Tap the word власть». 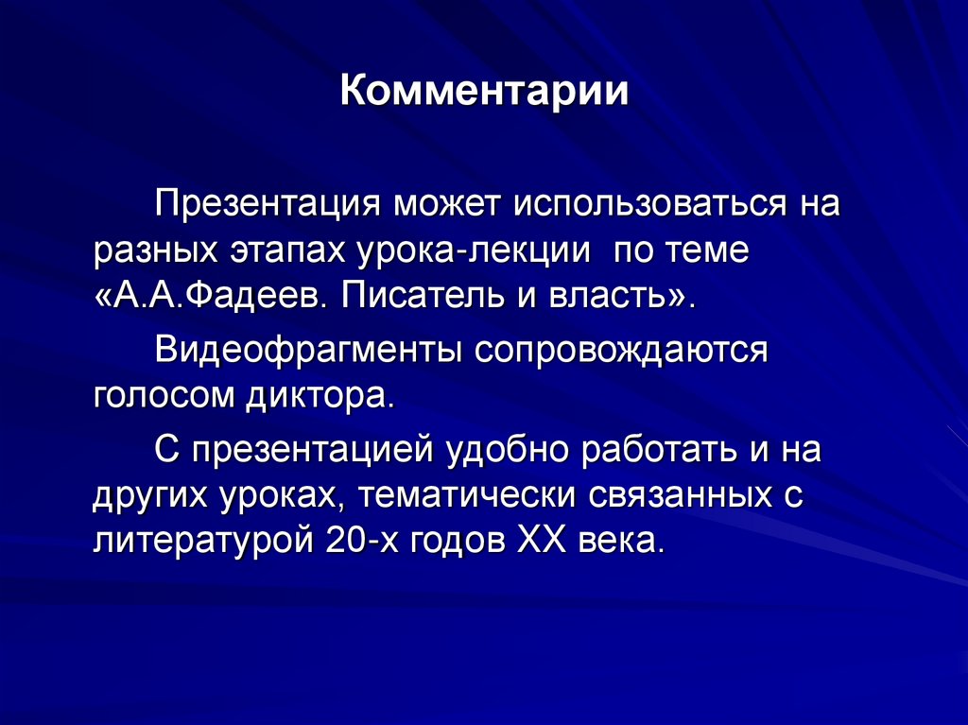[x=622, y=301]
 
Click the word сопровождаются [x=622, y=353]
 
